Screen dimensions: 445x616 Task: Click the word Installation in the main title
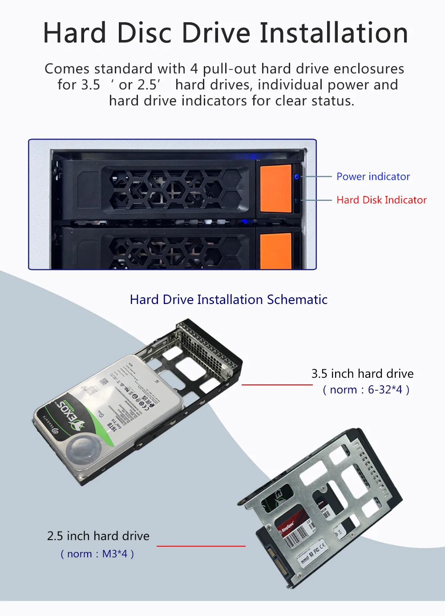(x=334, y=33)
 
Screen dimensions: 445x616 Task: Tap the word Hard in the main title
(x=75, y=33)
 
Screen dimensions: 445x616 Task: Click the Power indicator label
(x=373, y=176)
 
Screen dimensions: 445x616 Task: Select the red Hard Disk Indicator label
(x=381, y=200)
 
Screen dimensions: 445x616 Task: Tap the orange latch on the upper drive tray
(x=275, y=188)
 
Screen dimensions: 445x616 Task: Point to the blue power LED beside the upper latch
(x=297, y=176)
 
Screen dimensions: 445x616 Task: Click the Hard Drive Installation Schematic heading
(x=229, y=300)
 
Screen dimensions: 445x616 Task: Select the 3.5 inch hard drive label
(x=362, y=374)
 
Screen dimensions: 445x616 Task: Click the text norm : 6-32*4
(x=366, y=390)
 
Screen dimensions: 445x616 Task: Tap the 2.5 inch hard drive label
(x=98, y=536)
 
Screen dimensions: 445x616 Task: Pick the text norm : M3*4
(x=97, y=554)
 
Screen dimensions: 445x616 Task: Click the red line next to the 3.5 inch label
(x=277, y=384)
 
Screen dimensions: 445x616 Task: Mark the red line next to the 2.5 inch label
(x=201, y=546)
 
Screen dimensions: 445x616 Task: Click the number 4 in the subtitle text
(x=194, y=69)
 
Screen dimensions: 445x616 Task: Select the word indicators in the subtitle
(x=215, y=101)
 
